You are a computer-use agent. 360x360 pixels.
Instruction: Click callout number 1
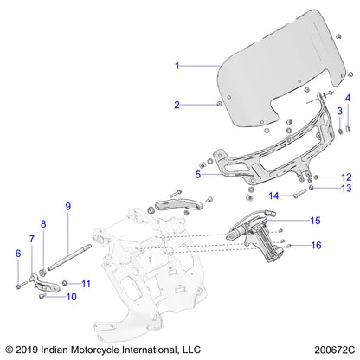177,66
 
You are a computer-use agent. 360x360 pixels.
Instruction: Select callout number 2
177,105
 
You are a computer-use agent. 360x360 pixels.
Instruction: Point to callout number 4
349,97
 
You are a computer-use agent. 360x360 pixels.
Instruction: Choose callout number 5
198,174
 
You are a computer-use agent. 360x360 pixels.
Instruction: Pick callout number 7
31,238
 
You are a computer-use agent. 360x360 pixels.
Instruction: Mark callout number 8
42,223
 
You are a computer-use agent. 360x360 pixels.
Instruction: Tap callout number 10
71,297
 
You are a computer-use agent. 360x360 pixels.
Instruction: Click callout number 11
85,283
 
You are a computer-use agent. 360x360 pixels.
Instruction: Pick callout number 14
273,195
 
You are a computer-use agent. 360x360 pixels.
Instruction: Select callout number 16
316,246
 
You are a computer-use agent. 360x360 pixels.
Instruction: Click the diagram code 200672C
331,349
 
